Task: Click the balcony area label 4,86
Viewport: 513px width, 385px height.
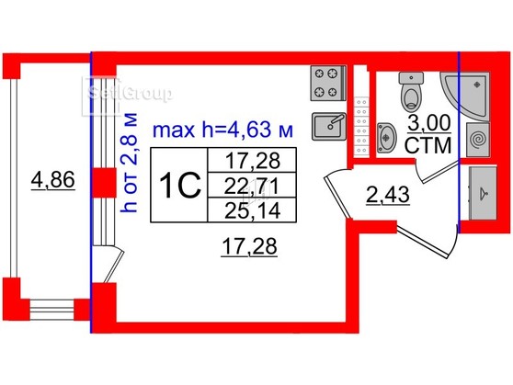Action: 53,180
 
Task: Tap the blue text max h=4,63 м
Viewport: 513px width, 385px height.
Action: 223,130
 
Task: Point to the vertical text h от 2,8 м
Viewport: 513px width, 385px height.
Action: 129,163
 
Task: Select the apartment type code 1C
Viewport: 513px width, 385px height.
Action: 179,186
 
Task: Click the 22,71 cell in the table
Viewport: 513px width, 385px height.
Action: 252,186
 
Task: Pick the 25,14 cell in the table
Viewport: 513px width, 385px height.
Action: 253,210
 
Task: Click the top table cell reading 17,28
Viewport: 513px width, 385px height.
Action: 253,160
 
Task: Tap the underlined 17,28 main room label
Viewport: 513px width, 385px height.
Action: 249,246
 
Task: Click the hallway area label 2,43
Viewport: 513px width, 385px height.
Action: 388,196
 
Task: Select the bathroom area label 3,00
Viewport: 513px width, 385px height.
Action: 429,124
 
